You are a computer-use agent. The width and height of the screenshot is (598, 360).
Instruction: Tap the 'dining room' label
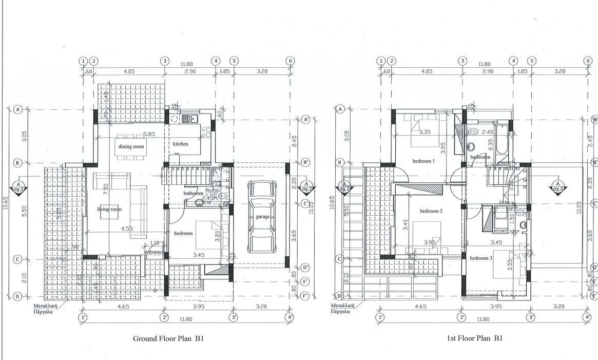pos(131,147)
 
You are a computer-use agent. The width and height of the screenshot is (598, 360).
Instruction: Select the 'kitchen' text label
pos(181,144)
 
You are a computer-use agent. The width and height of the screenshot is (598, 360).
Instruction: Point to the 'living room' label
pos(109,209)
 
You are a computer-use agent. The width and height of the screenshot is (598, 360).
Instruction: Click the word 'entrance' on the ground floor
pos(154,252)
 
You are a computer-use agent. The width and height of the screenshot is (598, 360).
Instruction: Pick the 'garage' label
pos(262,217)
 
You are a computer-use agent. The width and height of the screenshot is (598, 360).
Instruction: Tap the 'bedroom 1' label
pos(423,161)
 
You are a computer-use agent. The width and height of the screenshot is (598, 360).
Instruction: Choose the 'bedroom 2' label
pos(431,211)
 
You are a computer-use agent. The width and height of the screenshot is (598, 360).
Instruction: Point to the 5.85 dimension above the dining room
pos(149,134)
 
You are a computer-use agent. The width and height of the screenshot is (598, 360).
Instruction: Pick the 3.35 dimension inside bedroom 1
pos(425,132)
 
